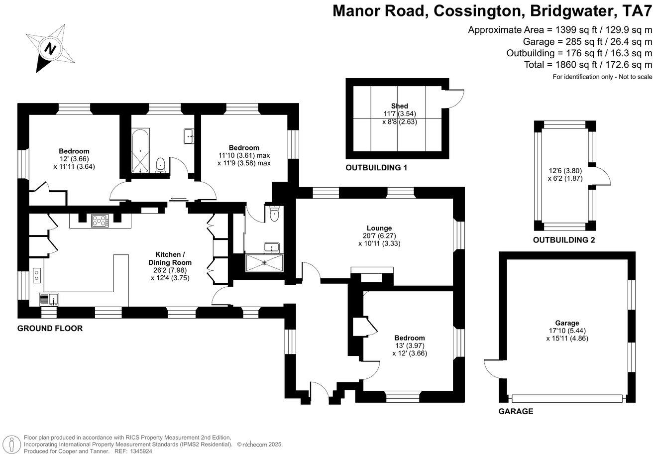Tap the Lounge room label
(x=379, y=228)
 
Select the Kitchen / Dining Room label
(x=170, y=258)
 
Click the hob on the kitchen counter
(x=100, y=221)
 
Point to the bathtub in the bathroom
(x=140, y=151)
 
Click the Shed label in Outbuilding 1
(x=399, y=106)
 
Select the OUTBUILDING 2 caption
(x=564, y=240)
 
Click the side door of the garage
(x=493, y=368)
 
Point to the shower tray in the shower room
(x=264, y=263)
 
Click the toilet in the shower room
(x=274, y=215)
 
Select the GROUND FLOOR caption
(x=50, y=329)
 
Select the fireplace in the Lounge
(x=372, y=275)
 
